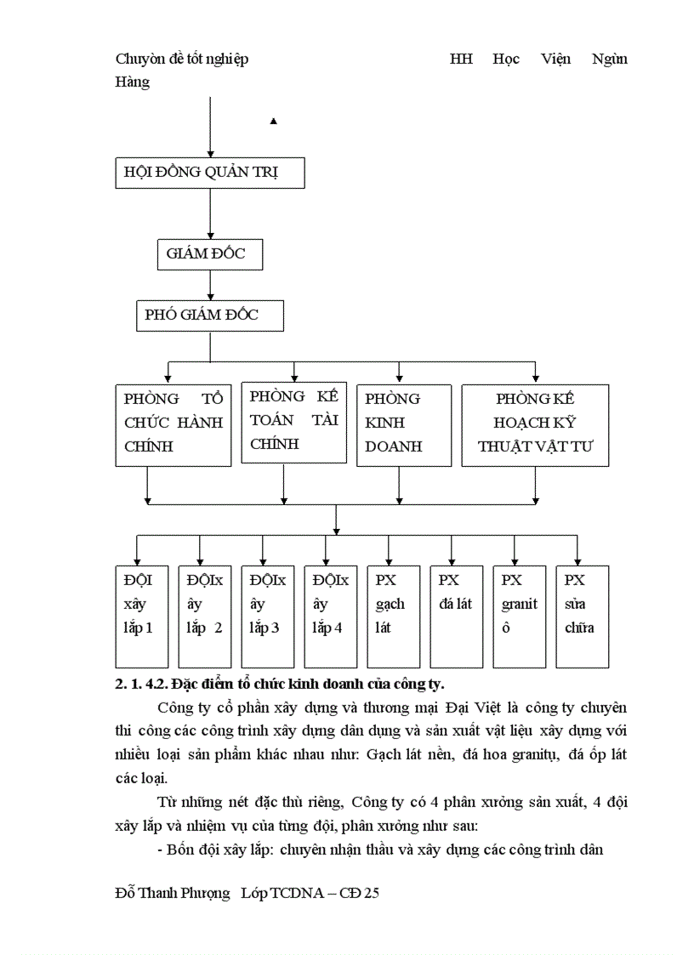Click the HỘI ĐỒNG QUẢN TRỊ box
pos(209,173)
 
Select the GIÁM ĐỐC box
pos(209,254)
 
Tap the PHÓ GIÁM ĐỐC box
pos(209,315)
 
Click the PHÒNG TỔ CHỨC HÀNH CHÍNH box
pos(173,425)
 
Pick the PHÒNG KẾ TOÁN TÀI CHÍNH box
pos(294,423)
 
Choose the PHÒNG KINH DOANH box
pos(403,425)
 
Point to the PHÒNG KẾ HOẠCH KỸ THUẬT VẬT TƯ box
pos(535,425)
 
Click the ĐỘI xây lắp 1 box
pos(142,616)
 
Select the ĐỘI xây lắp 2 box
pos(205,616)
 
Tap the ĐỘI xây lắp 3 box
pos(268,616)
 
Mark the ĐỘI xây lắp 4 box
pos(331,616)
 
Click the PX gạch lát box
pos(394,616)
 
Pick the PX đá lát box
pos(457,616)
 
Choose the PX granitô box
pos(520,616)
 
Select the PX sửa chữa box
pos(583,616)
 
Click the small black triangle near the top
pos(273,122)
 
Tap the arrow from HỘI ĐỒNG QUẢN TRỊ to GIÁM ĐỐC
pos(210,213)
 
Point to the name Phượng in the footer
pos(208,893)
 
